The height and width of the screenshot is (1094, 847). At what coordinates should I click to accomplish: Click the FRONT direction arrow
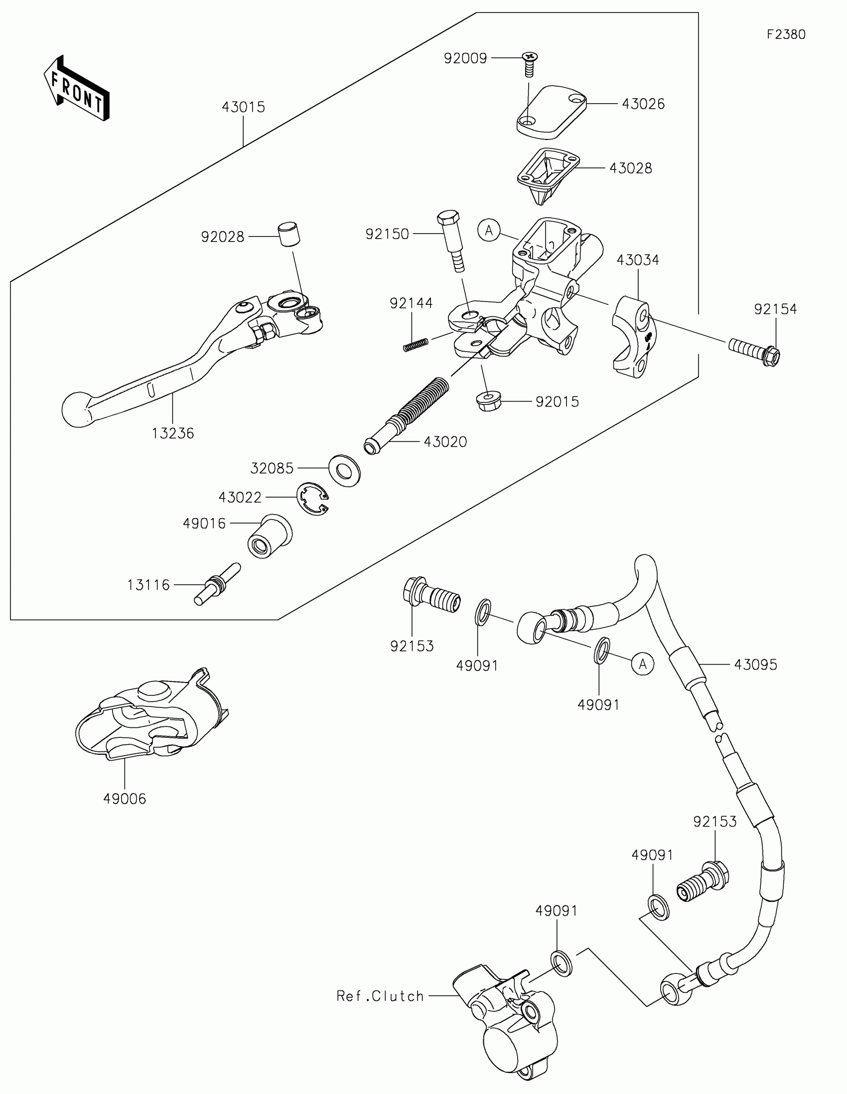pyautogui.click(x=76, y=89)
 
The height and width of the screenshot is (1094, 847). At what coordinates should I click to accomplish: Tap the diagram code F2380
pyautogui.click(x=786, y=34)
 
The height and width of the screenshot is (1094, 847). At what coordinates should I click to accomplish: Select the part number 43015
pyautogui.click(x=243, y=107)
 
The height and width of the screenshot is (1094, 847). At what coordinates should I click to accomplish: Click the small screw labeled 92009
pyautogui.click(x=529, y=64)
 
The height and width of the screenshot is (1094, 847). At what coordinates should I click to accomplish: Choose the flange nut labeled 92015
pyautogui.click(x=486, y=401)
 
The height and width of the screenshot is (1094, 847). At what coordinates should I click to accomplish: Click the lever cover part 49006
pyautogui.click(x=150, y=716)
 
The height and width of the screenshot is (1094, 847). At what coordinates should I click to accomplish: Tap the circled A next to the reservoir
pyautogui.click(x=489, y=231)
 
